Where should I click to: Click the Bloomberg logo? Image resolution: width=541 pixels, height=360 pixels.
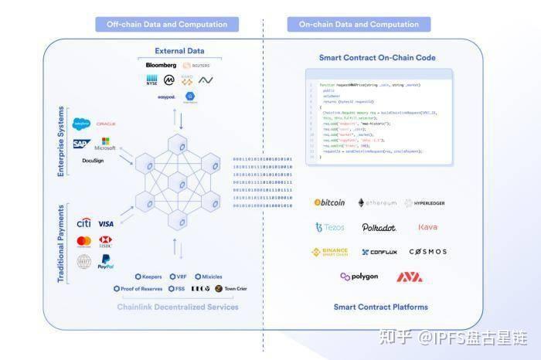(161, 65)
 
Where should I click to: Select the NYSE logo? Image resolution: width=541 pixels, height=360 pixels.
(152, 80)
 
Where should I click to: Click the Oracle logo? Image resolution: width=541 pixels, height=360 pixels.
(106, 124)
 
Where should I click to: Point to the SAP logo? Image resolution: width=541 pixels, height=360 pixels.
(80, 144)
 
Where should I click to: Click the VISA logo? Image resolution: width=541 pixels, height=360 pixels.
(106, 223)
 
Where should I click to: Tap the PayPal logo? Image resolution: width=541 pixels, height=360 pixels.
(106, 262)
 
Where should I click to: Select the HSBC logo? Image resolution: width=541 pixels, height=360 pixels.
(106, 241)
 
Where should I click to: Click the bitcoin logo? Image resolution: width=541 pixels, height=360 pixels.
(329, 202)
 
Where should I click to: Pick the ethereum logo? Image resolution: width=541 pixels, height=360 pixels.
(377, 203)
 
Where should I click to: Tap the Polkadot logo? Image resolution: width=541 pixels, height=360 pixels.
(379, 228)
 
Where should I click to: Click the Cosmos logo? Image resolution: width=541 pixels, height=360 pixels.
(427, 252)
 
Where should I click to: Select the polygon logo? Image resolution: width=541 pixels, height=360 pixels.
(359, 277)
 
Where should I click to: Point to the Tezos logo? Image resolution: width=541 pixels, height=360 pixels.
(330, 227)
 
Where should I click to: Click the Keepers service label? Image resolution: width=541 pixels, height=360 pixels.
(148, 276)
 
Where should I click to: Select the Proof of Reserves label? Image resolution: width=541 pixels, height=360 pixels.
(139, 289)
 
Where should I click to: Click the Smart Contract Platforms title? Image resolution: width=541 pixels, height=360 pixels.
(380, 307)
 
